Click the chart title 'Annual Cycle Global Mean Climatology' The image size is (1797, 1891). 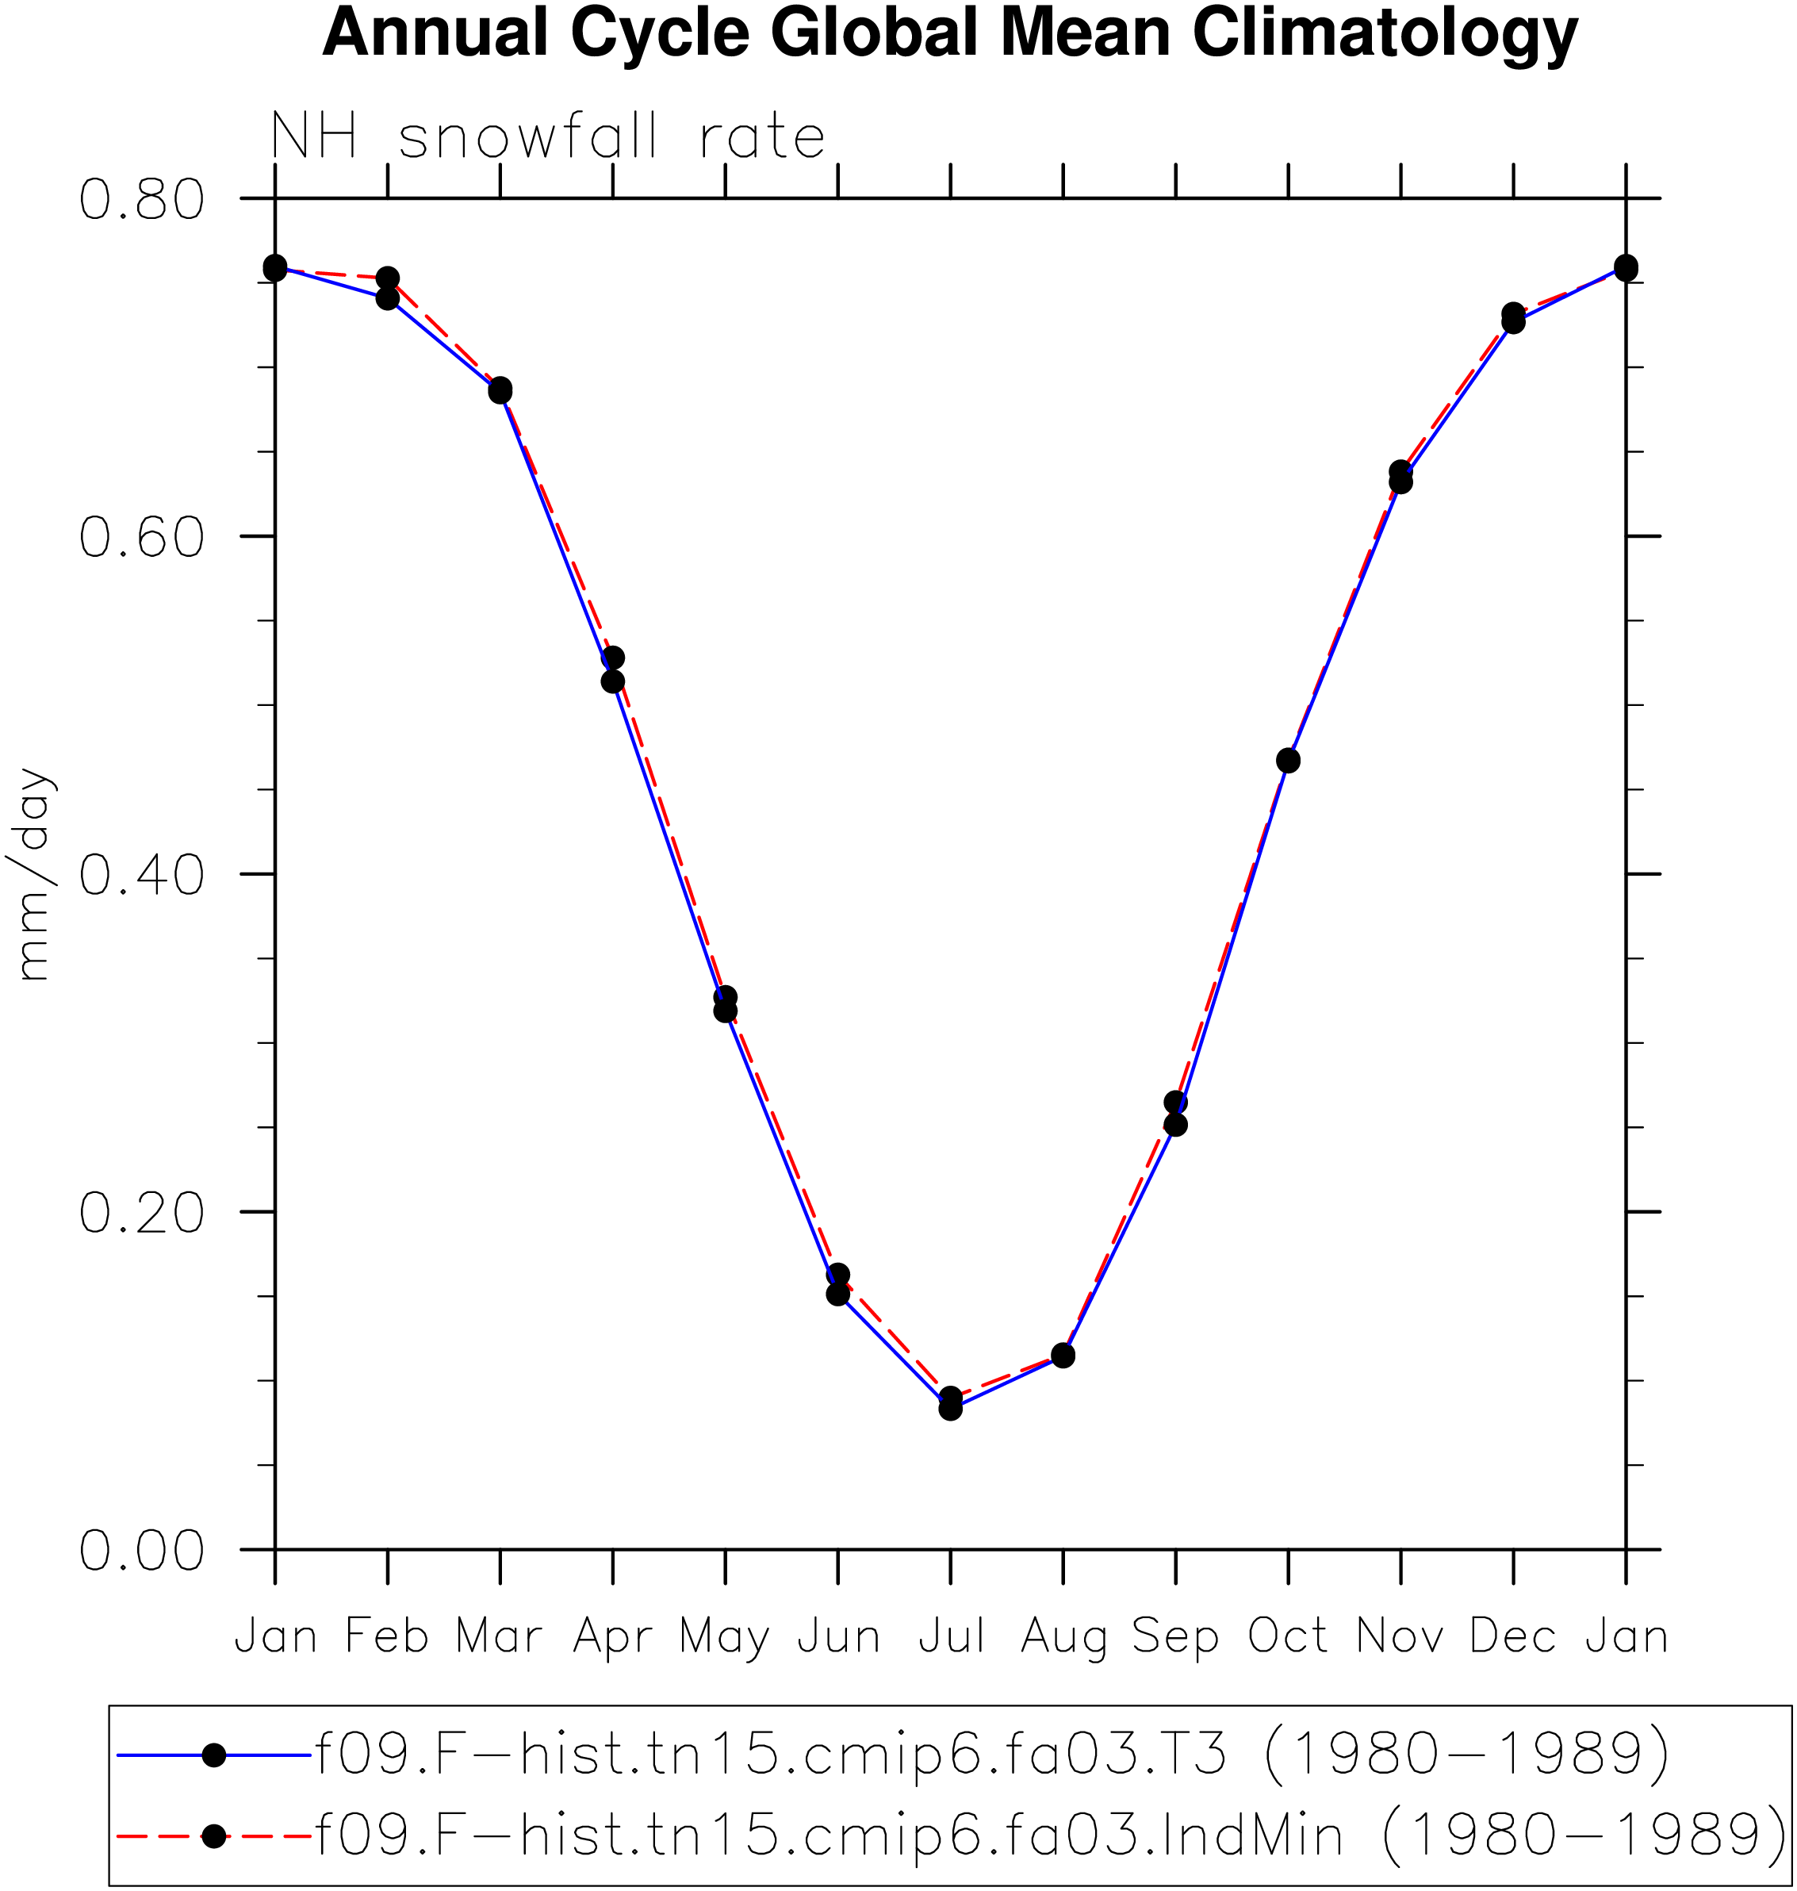coord(950,33)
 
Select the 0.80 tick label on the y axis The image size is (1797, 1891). coord(142,199)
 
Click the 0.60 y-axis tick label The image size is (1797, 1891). coord(142,536)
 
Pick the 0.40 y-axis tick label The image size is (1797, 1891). coord(142,875)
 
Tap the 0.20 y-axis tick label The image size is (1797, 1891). coord(142,1212)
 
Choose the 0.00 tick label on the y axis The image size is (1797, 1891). coord(142,1550)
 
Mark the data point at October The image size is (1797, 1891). coord(1289,761)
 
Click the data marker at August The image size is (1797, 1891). coord(1063,1356)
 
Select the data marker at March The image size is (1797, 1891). coord(500,390)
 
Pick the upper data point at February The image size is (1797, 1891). coord(388,278)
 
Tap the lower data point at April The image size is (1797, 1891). coord(613,682)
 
